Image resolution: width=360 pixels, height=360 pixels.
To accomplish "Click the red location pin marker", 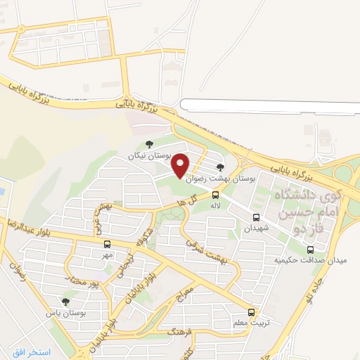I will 181,164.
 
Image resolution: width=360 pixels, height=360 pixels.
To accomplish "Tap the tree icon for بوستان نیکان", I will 148,144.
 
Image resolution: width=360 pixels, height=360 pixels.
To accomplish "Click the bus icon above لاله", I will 215,195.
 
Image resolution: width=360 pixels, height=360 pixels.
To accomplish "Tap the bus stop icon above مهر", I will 107,244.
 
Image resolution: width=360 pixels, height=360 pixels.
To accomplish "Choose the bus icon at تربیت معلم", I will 252,312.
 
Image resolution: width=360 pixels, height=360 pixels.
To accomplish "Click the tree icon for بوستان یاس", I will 66,302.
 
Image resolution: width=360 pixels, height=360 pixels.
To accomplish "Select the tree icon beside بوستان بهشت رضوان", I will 221,167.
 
